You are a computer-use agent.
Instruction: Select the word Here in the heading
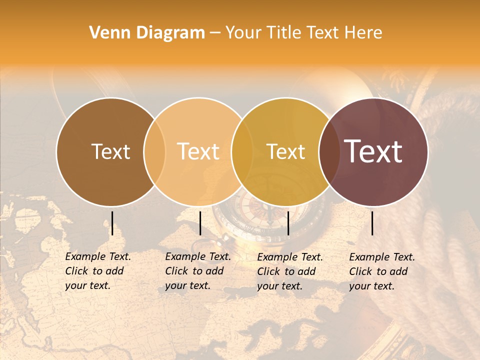(363, 33)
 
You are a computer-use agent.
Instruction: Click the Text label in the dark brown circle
(110, 151)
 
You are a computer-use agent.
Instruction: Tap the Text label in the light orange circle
(198, 151)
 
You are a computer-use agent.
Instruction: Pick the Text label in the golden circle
(285, 151)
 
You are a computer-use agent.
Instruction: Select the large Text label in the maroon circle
(373, 151)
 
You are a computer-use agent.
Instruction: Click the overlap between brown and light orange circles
(154, 151)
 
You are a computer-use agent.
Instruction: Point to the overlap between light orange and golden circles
(242, 151)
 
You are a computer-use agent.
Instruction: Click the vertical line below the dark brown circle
(112, 223)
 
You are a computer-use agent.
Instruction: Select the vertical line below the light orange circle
(200, 223)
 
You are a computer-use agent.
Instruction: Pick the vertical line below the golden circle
(288, 223)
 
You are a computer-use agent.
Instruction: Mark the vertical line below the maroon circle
(372, 223)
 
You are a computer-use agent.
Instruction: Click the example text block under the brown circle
(97, 271)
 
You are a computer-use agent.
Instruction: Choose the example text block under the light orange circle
(197, 271)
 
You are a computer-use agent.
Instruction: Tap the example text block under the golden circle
(289, 271)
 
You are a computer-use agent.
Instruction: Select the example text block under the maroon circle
(381, 271)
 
